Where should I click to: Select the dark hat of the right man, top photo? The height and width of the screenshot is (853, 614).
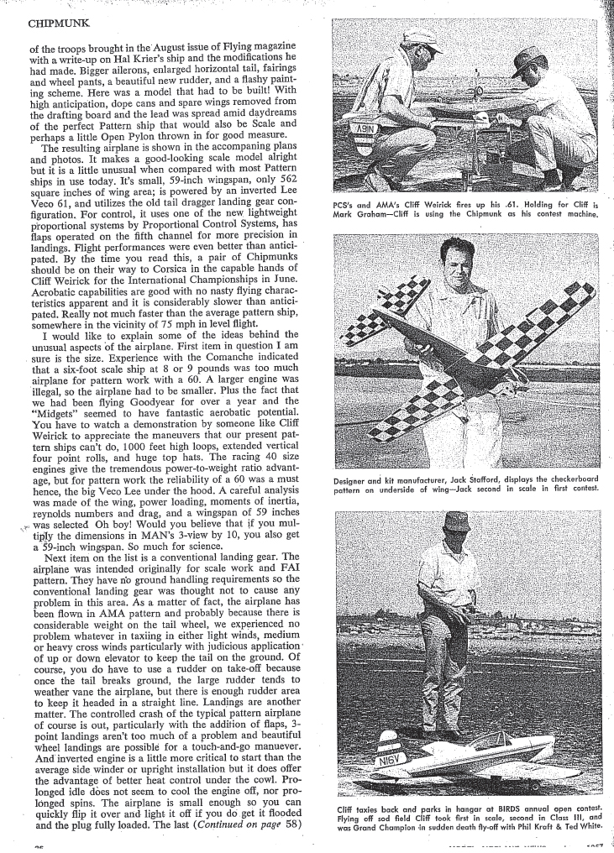point(529,58)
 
